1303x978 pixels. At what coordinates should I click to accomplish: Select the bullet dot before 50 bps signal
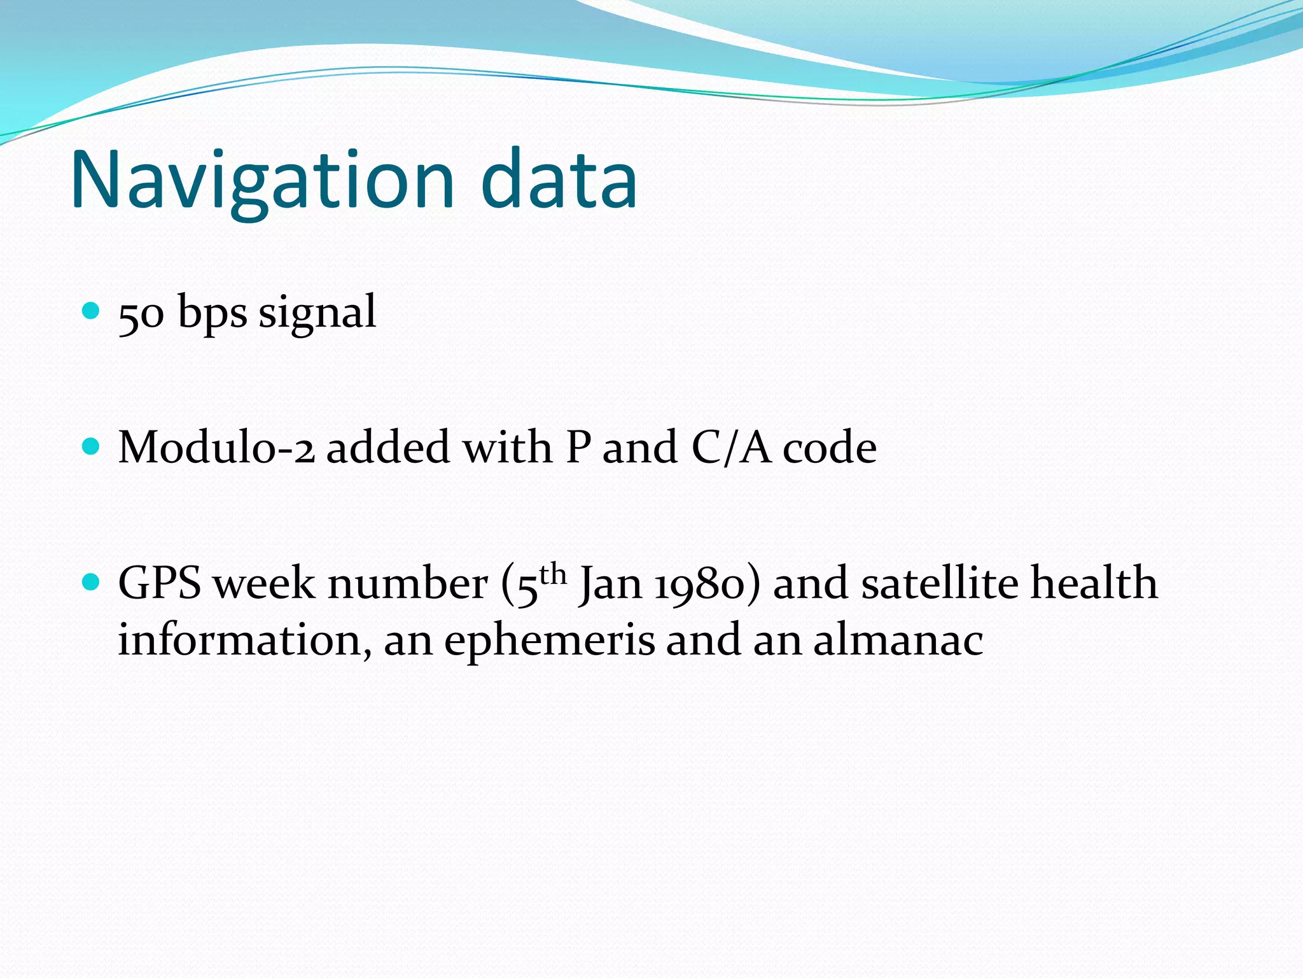92,311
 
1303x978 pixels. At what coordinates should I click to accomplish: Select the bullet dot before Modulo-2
92,446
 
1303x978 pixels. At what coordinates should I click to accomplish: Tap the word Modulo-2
216,448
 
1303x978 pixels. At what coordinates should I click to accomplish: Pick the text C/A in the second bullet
731,448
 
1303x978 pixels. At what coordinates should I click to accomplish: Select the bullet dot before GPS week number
92,582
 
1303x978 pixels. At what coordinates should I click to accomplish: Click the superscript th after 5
552,574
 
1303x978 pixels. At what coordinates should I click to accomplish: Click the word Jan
610,585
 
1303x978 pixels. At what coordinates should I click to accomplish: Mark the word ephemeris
549,642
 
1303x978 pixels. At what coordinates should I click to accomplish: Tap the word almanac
898,641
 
